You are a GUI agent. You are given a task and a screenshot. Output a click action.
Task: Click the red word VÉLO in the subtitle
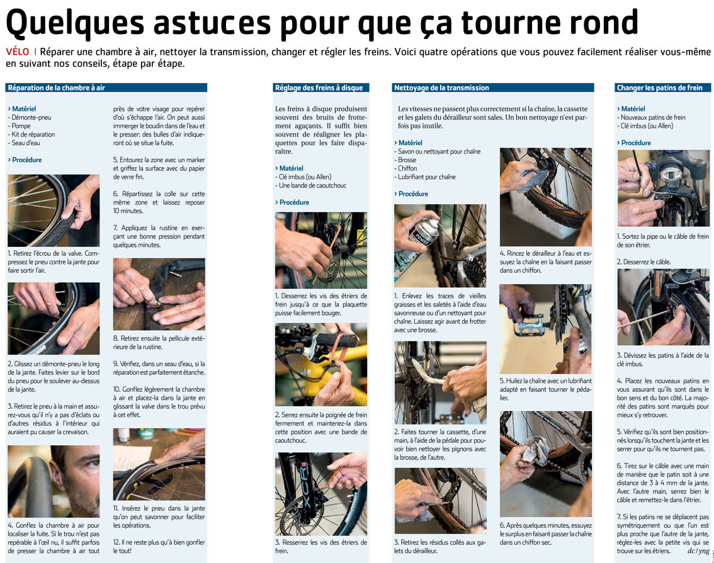click(x=17, y=52)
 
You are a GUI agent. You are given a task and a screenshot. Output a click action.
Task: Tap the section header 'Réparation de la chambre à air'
click(x=57, y=88)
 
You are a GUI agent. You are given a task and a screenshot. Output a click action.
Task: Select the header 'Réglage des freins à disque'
click(x=319, y=88)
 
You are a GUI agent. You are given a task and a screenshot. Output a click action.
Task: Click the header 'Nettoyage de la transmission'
click(x=441, y=88)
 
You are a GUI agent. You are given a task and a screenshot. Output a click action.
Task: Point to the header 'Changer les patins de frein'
click(x=659, y=88)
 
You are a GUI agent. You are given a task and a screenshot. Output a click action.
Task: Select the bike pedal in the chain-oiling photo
click(x=531, y=326)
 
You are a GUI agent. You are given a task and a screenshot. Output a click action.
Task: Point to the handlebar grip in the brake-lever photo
click(x=337, y=339)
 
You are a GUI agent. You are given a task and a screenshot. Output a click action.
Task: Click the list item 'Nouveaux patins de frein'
click(x=651, y=117)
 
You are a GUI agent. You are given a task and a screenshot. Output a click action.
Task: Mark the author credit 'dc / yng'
click(x=698, y=551)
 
